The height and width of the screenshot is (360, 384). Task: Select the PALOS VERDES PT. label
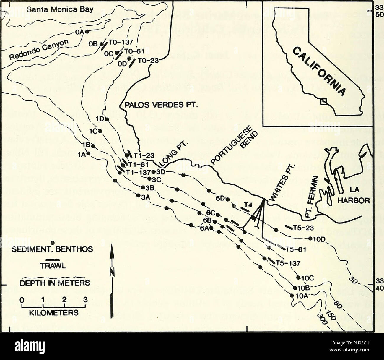pos(151,106)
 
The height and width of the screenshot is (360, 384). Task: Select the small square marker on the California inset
pos(324,101)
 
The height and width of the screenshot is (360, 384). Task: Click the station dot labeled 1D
pos(107,119)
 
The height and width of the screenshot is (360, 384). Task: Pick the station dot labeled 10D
pos(310,238)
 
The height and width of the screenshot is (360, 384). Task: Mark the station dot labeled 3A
pos(138,195)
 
